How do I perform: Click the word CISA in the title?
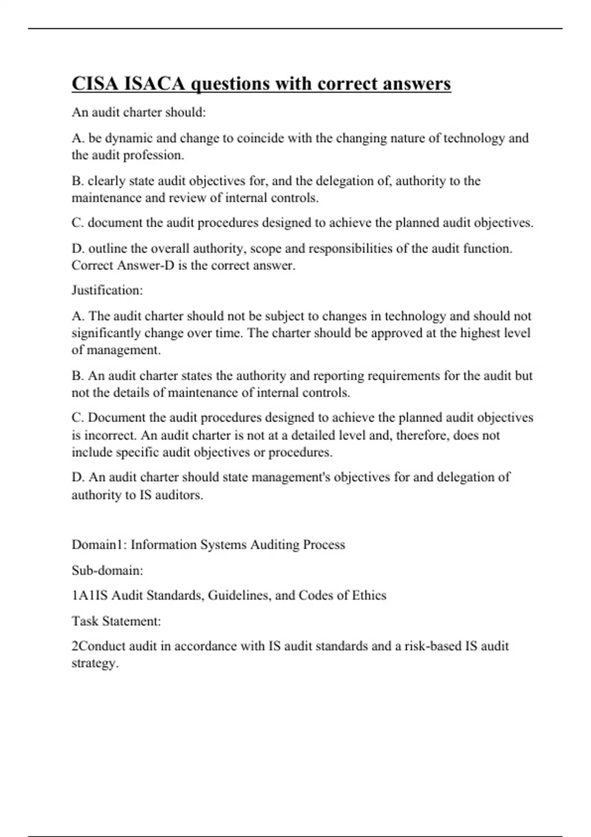pyautogui.click(x=94, y=84)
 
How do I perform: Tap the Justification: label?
pyautogui.click(x=107, y=290)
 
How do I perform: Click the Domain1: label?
pyautogui.click(x=99, y=545)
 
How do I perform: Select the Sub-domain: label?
pyautogui.click(x=107, y=571)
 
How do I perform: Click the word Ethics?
pyautogui.click(x=369, y=596)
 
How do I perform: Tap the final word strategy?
pyautogui.click(x=95, y=663)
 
